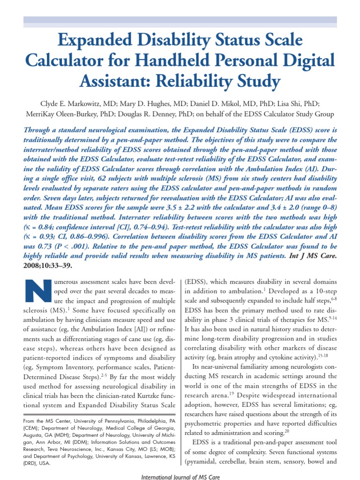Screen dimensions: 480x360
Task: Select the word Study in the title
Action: pos(253,82)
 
